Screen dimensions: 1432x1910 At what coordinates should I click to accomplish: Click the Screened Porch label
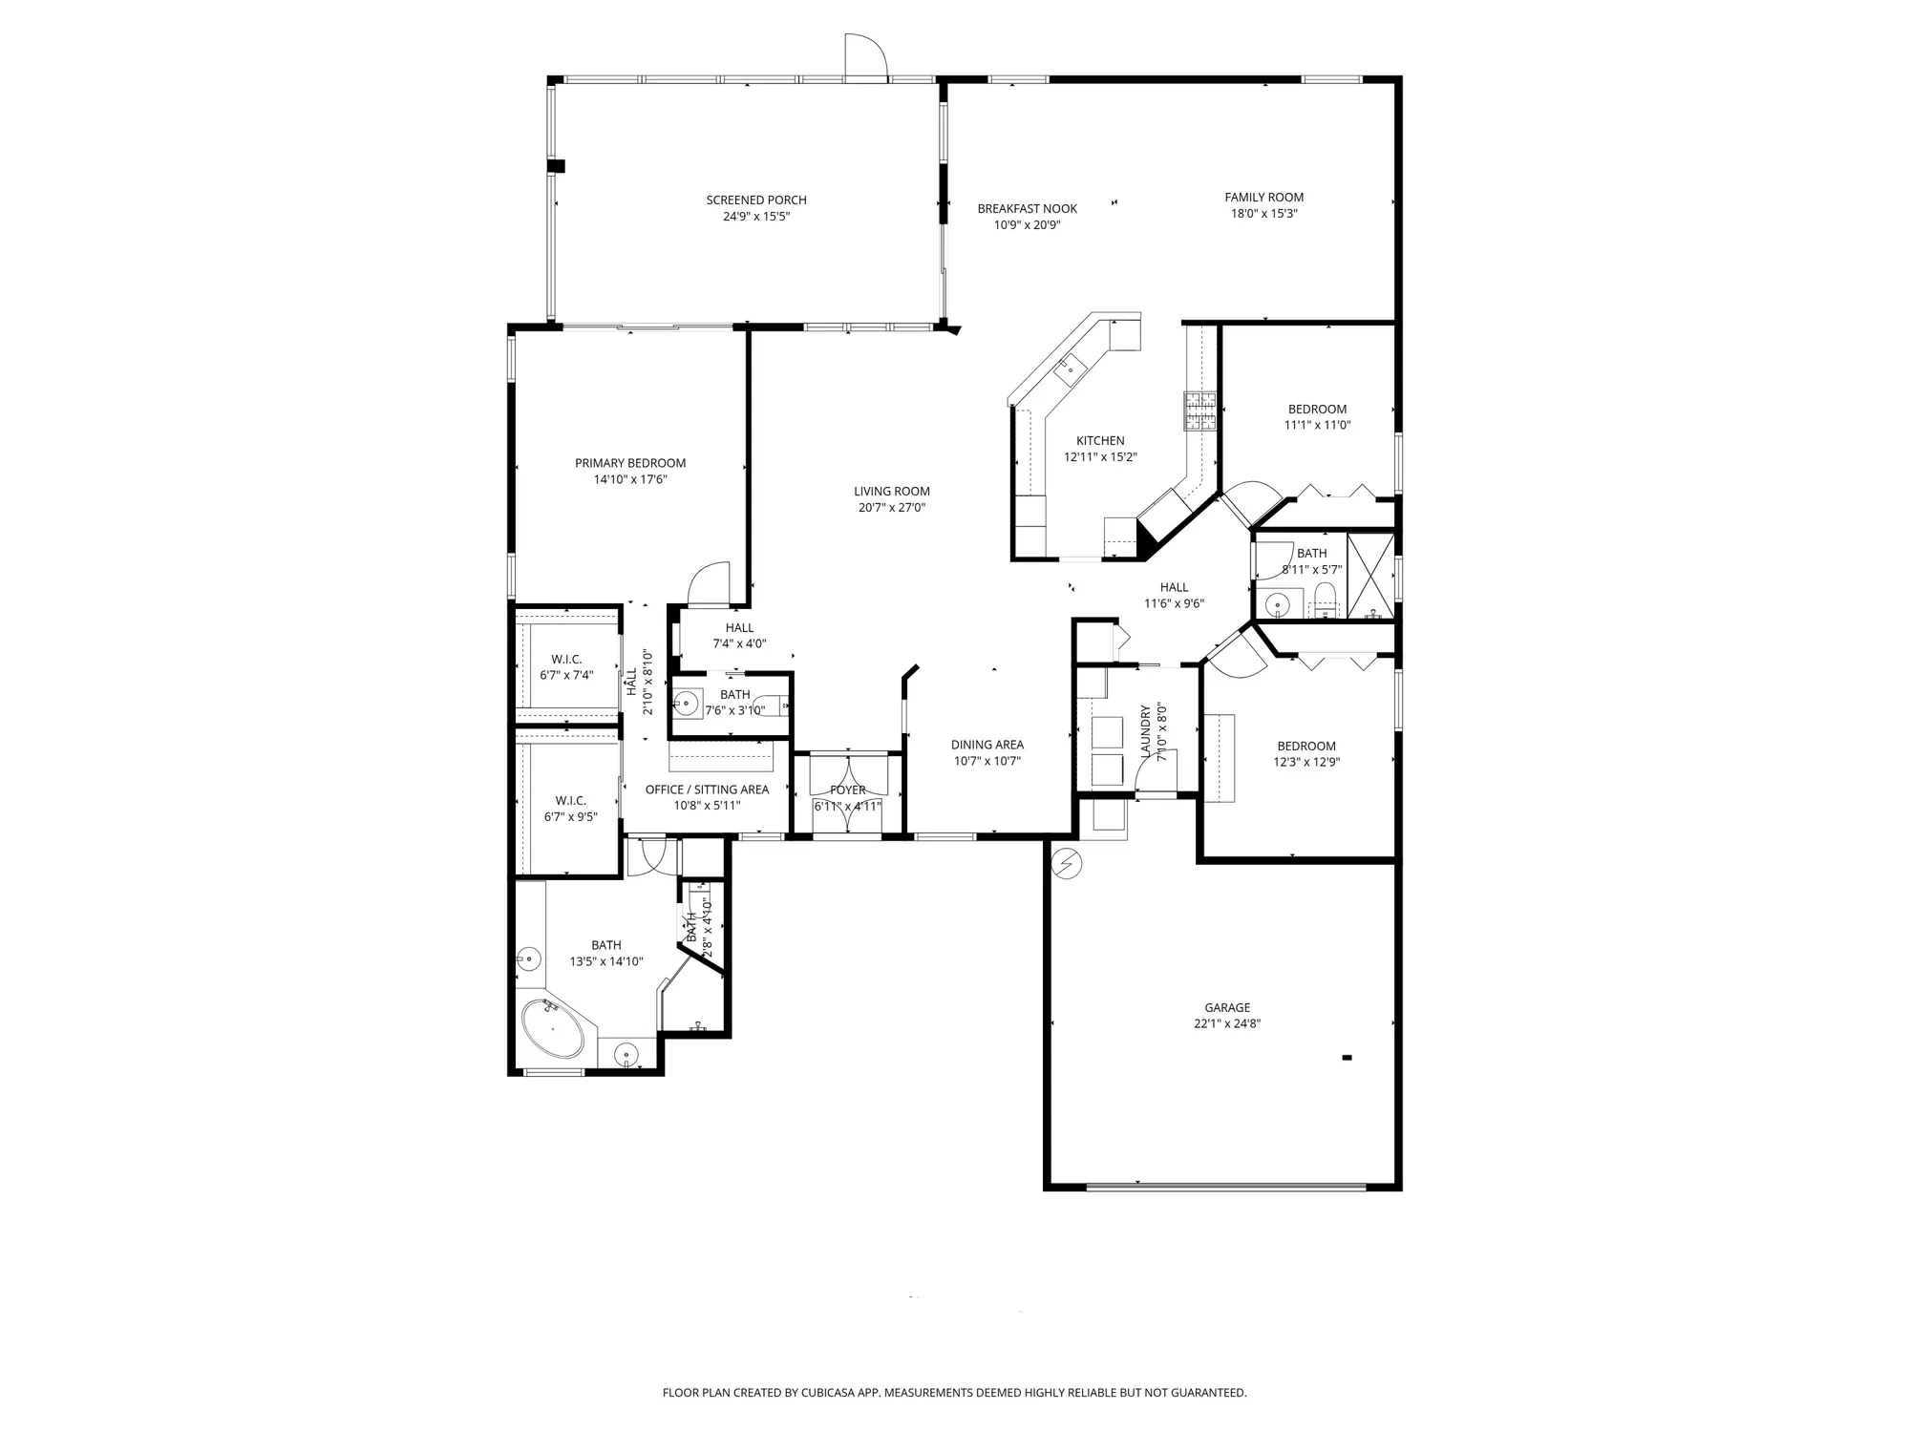pos(756,200)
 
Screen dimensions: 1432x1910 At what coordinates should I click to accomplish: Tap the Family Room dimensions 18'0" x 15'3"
pos(1263,214)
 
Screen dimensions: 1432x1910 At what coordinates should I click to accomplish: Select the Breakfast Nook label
pos(1027,208)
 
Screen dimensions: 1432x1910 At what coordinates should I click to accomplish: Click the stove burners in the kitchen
pos(1200,411)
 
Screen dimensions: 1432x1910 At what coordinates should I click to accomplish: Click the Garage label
pos(1227,1007)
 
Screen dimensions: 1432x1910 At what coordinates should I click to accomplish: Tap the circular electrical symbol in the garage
pos(1065,865)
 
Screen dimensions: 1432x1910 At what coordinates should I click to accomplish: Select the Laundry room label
pos(1146,730)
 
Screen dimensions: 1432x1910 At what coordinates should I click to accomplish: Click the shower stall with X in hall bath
pos(1370,576)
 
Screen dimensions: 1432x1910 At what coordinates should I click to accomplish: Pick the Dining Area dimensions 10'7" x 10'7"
pos(987,761)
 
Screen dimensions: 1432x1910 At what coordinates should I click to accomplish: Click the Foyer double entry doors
pos(848,774)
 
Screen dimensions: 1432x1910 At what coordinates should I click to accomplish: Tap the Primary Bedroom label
pos(630,463)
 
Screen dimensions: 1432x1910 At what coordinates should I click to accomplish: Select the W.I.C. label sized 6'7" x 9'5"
pos(570,800)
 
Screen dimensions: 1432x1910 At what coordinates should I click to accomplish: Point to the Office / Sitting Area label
pos(707,790)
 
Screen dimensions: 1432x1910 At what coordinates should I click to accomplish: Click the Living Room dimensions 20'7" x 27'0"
pos(891,508)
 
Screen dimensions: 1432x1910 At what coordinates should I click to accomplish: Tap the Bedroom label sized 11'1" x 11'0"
pos(1317,409)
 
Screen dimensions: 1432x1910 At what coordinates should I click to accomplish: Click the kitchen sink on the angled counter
pos(1070,367)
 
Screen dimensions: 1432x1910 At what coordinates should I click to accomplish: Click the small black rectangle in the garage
pos(1347,1057)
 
